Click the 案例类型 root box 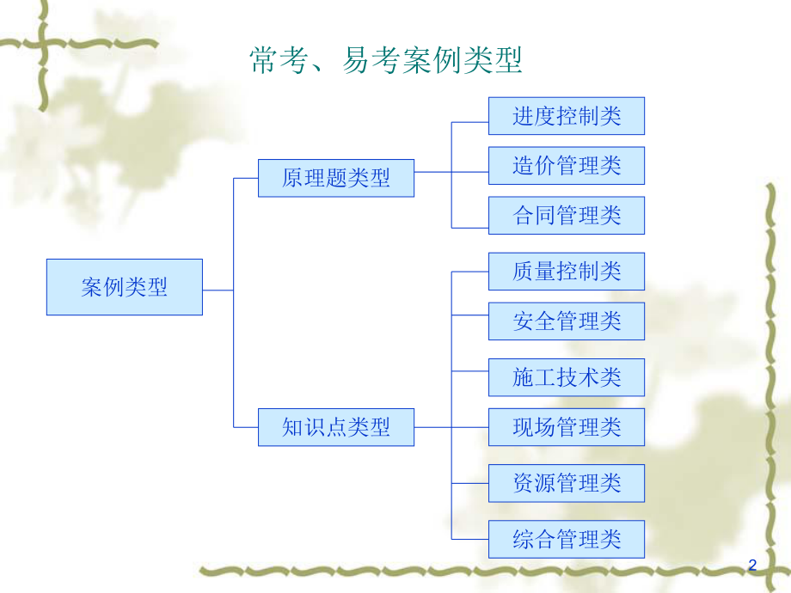click(125, 287)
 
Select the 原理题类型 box click(336, 178)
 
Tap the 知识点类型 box click(336, 427)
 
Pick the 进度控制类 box click(567, 116)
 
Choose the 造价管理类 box click(567, 165)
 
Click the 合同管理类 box click(567, 215)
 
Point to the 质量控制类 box click(567, 272)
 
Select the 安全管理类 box click(567, 321)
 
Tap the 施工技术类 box click(567, 377)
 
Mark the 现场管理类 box click(567, 427)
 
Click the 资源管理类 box click(567, 482)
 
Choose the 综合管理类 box click(567, 539)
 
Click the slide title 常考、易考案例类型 click(386, 61)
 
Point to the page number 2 click(752, 565)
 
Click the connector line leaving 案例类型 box click(218, 290)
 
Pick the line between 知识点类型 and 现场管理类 click(433, 427)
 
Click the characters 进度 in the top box click(535, 116)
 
